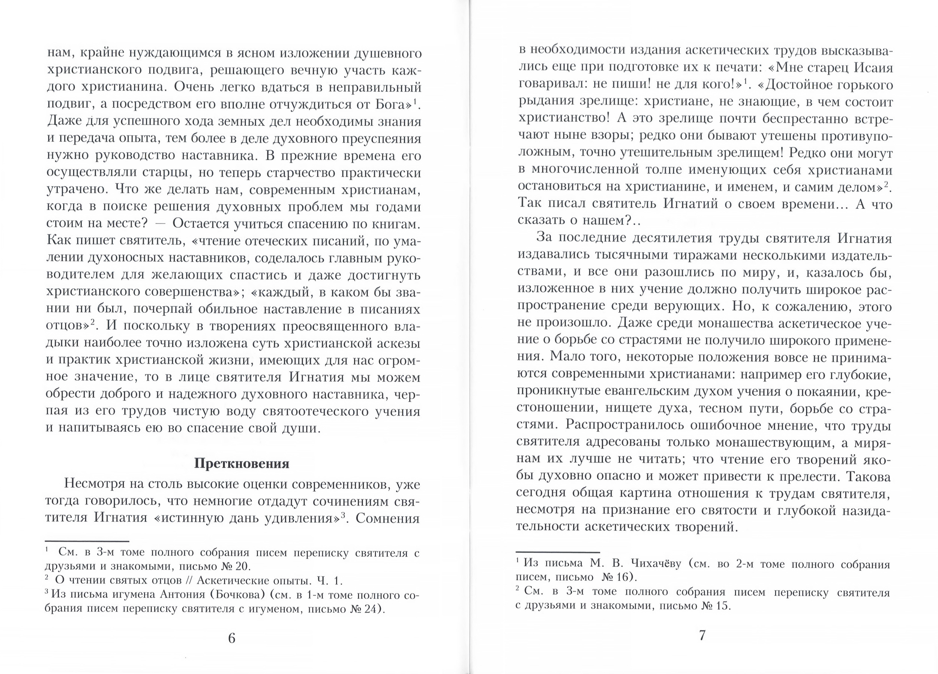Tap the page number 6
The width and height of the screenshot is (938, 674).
tap(232, 638)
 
